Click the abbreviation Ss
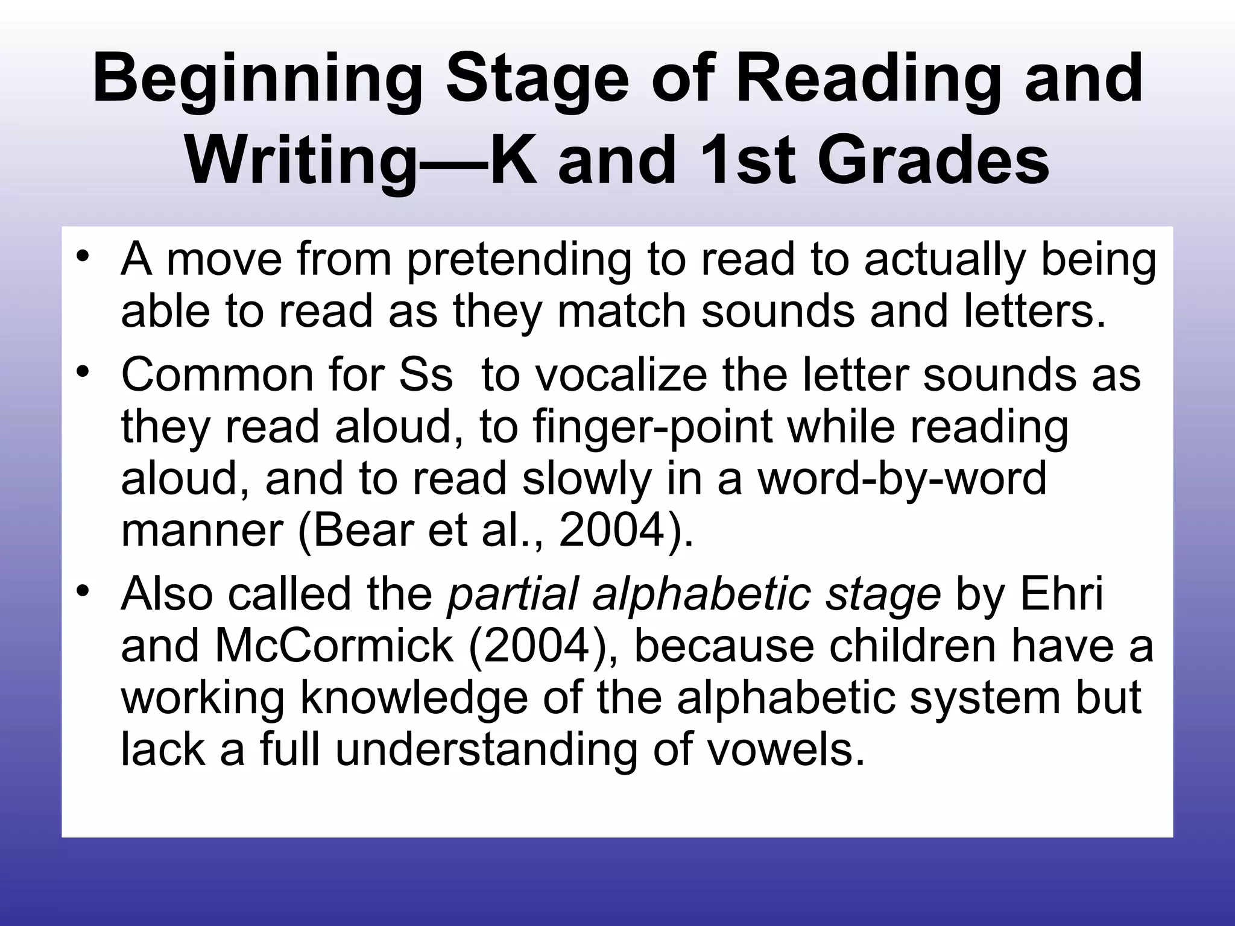click(x=426, y=375)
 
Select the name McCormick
click(x=334, y=646)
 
